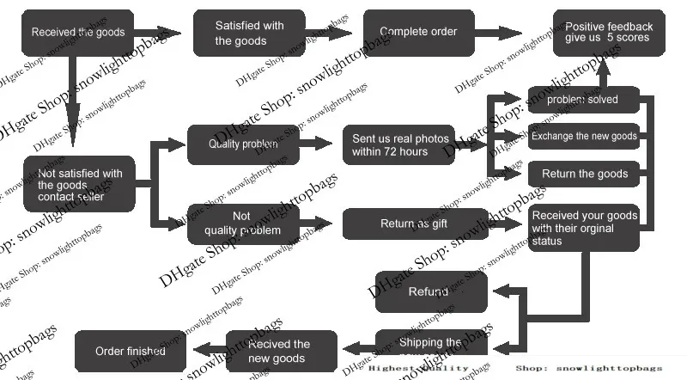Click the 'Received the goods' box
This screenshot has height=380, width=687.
pos(78,33)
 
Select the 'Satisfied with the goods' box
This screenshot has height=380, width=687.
pos(249,33)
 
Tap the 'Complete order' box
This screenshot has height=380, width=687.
pos(418,33)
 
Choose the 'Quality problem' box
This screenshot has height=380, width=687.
pos(243,144)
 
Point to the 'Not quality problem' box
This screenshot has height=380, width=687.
pos(242,224)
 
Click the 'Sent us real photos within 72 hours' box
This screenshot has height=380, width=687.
pos(400,144)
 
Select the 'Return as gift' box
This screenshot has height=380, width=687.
pos(414,224)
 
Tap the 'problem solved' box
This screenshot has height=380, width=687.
pos(583,100)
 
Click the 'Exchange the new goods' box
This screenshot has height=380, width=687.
pos(583,136)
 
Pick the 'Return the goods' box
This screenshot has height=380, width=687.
pos(584,174)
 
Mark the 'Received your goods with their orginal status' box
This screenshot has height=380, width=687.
pos(584,228)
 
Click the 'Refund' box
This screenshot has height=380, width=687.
pos(431,291)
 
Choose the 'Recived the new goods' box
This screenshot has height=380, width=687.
pos(280,350)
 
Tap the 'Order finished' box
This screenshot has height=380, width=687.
pos(130,351)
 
